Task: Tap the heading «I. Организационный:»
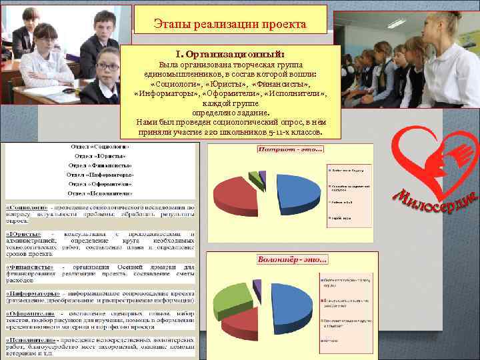pos(230,52)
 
